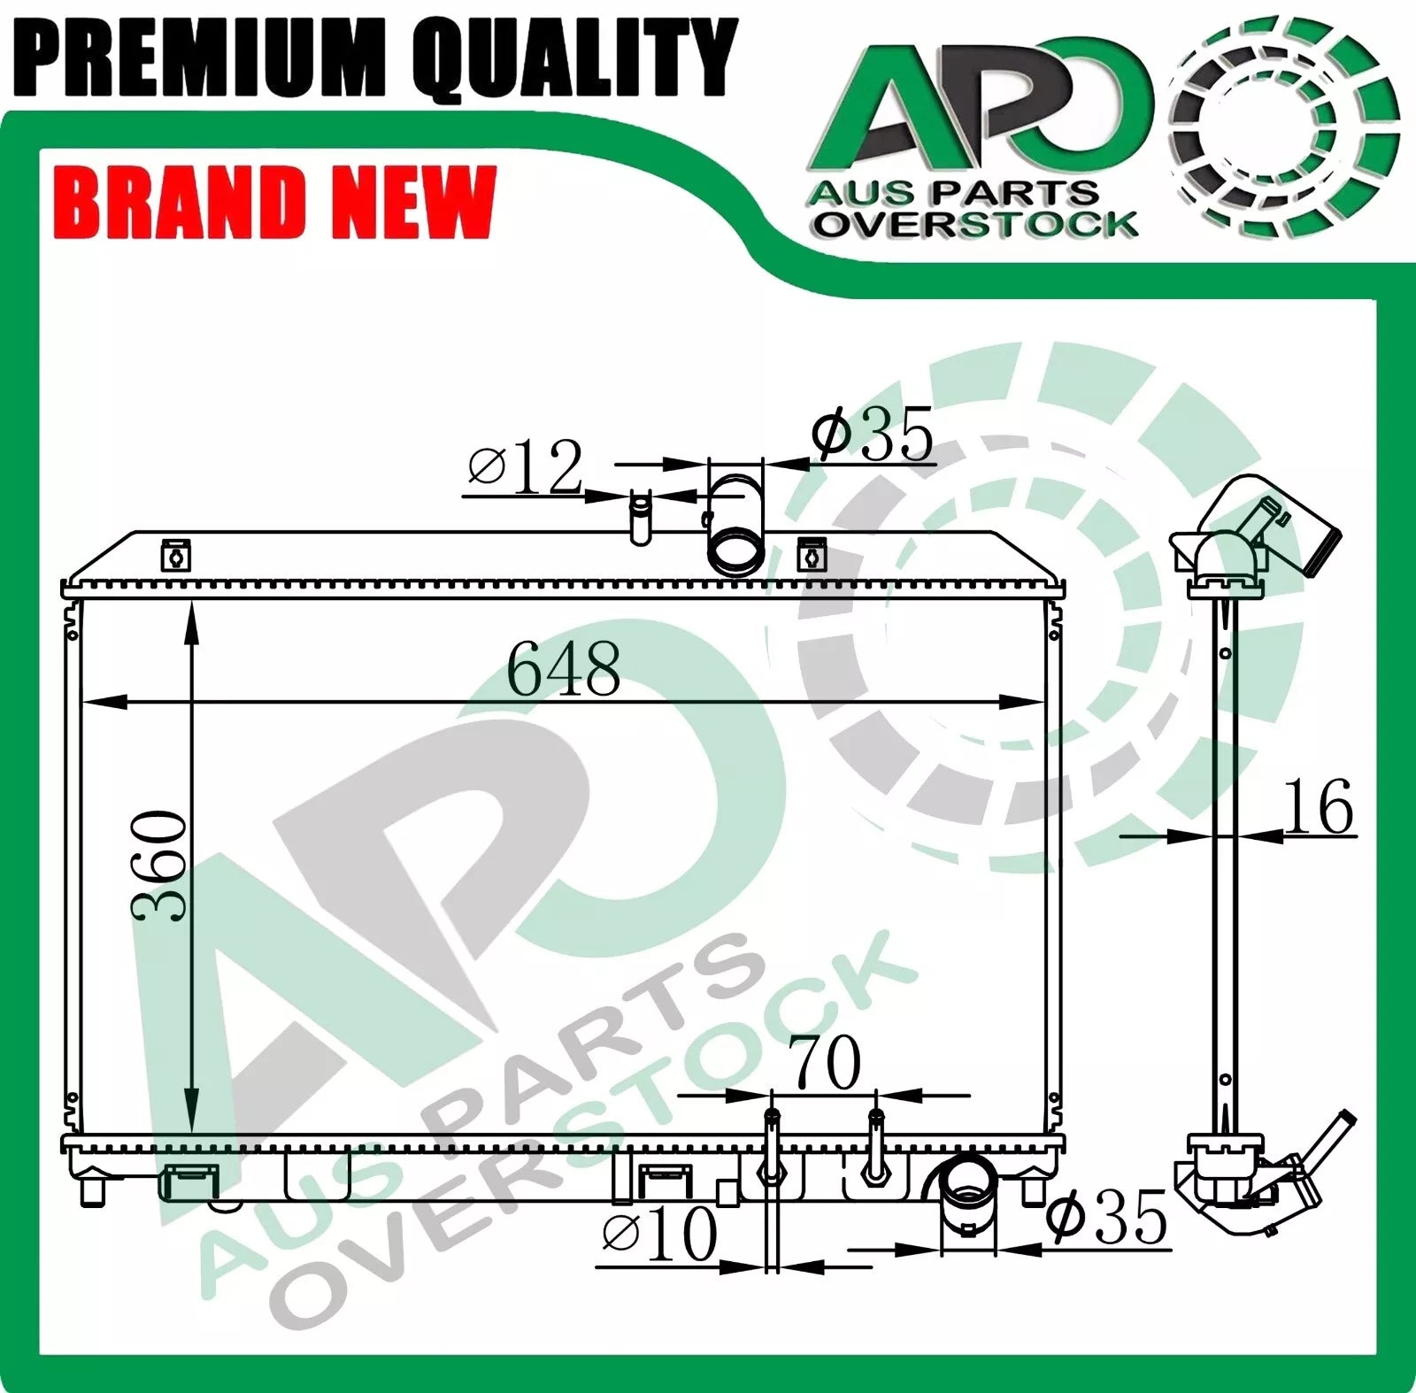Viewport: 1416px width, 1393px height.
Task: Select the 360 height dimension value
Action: click(160, 865)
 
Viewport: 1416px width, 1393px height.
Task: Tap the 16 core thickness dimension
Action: click(1318, 806)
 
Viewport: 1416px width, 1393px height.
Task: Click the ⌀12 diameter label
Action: click(525, 466)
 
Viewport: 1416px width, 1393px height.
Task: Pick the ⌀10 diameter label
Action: click(659, 1234)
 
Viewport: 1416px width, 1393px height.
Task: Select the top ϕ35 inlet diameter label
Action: click(873, 434)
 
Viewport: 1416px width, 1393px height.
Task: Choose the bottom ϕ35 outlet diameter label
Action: click(1106, 1217)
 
